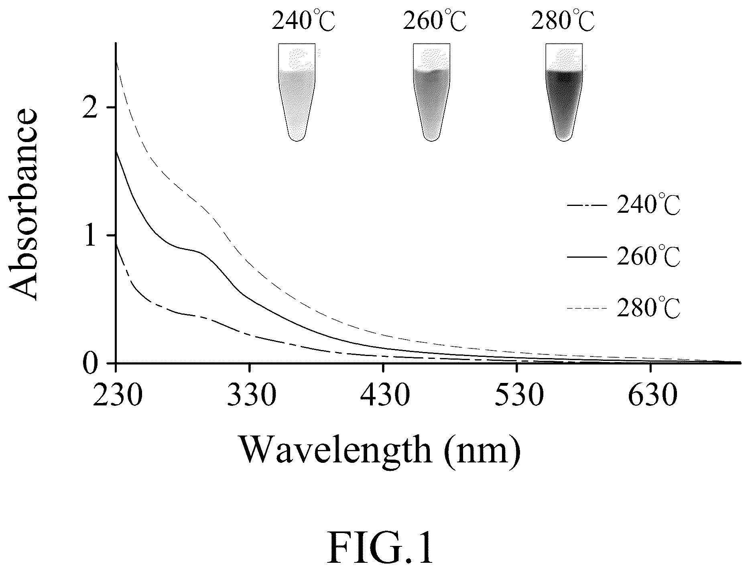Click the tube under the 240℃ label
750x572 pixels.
click(297, 92)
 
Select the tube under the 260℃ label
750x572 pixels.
click(431, 92)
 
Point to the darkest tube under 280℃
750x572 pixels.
click(564, 92)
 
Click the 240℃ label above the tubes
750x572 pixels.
click(303, 21)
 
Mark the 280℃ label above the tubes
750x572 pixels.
click(563, 21)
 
